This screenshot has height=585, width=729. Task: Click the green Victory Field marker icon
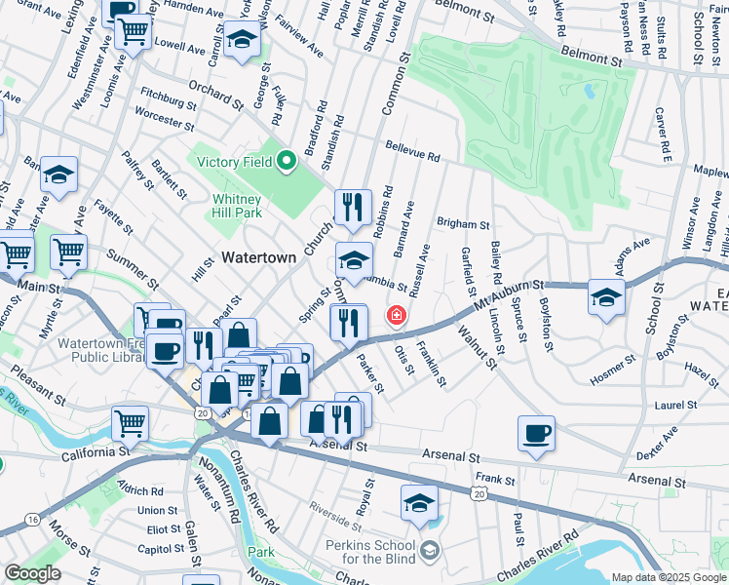pyautogui.click(x=286, y=162)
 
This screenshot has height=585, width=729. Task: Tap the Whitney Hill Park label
pyautogui.click(x=238, y=206)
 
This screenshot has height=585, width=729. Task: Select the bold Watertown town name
pyautogui.click(x=258, y=258)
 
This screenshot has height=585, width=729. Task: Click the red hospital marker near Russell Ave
pyautogui.click(x=396, y=315)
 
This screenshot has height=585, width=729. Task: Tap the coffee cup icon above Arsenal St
pyautogui.click(x=536, y=433)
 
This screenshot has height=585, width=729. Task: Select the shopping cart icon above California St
pyautogui.click(x=130, y=424)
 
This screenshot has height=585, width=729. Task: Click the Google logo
pyautogui.click(x=32, y=573)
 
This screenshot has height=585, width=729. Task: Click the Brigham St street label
pyautogui.click(x=460, y=223)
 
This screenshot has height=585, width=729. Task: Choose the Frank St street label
pyautogui.click(x=494, y=480)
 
